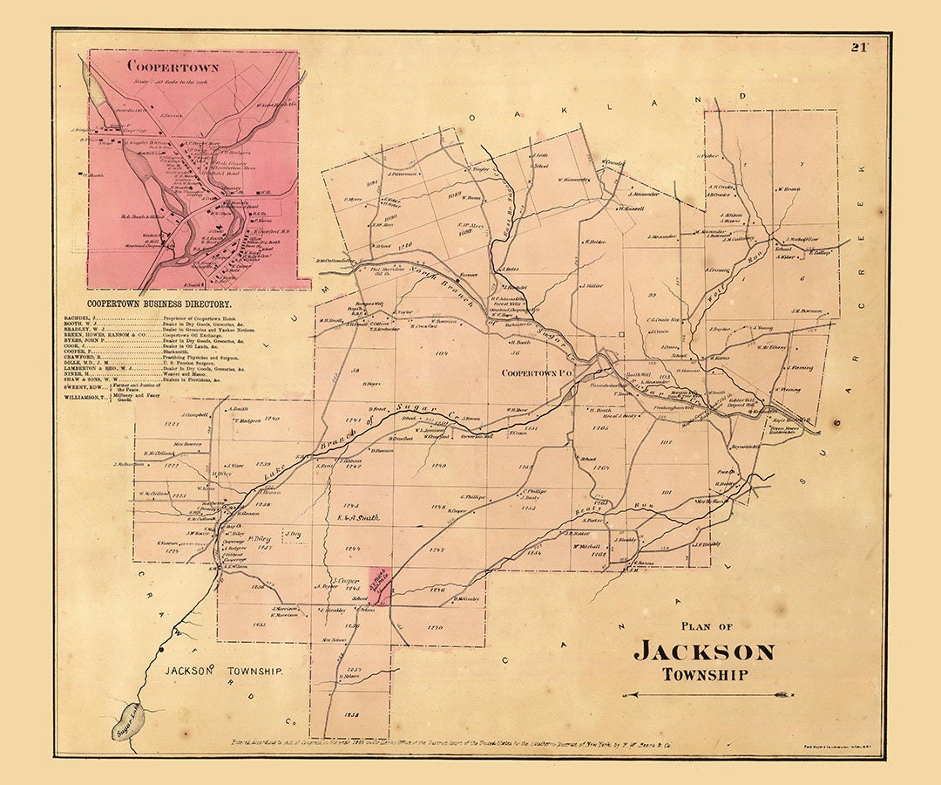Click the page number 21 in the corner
click(x=863, y=47)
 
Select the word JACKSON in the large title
click(x=703, y=652)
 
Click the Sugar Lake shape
click(x=125, y=721)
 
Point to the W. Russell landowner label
click(x=631, y=208)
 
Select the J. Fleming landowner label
click(x=802, y=367)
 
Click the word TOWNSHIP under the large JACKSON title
click(x=704, y=674)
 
